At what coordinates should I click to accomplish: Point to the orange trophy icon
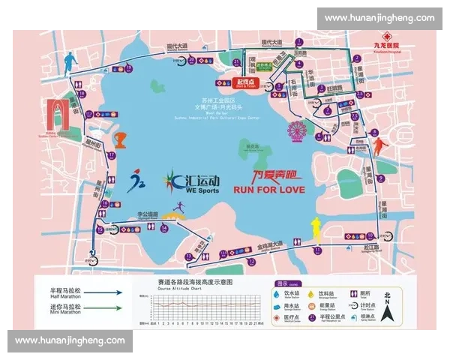point(120,140)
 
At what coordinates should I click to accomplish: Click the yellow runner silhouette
point(318,226)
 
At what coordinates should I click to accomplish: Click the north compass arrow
point(387,305)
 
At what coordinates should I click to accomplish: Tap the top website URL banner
point(379,17)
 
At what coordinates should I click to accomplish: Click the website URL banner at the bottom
point(71,340)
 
